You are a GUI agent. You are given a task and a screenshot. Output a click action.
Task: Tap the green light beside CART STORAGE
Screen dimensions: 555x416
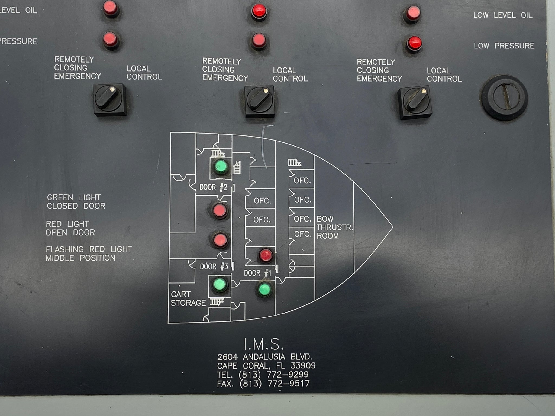[x=220, y=284]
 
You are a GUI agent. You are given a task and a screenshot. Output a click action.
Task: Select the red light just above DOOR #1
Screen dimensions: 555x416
[x=266, y=255]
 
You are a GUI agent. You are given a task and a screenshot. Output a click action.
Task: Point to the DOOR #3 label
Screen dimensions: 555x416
[x=214, y=267]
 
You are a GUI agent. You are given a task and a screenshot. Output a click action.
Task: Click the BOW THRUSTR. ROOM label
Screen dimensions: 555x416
[x=335, y=227]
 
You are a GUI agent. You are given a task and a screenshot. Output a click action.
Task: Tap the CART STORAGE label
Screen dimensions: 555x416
[x=188, y=298]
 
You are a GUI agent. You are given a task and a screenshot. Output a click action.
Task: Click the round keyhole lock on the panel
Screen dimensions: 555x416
[x=504, y=97]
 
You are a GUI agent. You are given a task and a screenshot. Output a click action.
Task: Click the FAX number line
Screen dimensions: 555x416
[x=263, y=383]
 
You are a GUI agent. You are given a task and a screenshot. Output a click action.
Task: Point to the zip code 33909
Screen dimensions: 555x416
[x=303, y=366]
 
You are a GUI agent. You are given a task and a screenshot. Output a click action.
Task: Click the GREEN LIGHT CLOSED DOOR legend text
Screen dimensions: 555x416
[x=76, y=202]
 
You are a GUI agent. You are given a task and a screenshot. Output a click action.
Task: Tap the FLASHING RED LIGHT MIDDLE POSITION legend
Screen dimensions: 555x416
[x=89, y=253]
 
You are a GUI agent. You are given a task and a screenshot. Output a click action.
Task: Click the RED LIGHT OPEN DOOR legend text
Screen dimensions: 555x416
[x=70, y=228]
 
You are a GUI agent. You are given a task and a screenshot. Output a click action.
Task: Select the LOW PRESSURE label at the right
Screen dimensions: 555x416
[x=504, y=46]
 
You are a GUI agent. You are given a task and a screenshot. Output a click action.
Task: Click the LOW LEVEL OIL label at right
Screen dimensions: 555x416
[x=503, y=15]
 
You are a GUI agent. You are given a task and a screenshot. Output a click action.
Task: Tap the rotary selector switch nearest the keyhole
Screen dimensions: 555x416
[x=414, y=102]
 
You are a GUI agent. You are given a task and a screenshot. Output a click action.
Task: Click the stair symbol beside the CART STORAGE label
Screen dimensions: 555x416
[x=217, y=302]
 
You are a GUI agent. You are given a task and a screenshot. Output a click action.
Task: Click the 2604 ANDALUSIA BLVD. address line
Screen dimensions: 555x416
[x=265, y=357]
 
